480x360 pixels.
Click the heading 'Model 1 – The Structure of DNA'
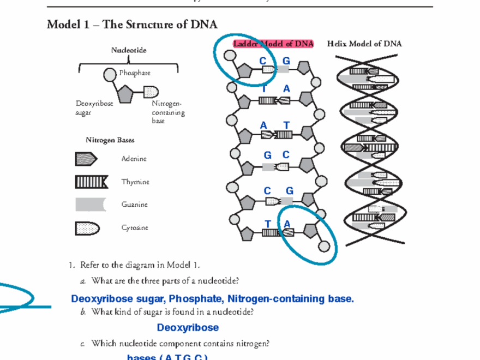pos(132,25)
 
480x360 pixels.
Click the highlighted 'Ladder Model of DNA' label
pos(273,44)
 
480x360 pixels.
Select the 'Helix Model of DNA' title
pos(364,44)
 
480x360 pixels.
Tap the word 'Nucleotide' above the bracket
pos(129,50)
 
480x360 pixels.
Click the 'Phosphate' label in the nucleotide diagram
pos(135,73)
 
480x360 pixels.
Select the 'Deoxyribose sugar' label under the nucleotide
pos(94,108)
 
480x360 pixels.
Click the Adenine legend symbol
pos(86,159)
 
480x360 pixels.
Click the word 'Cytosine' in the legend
pos(135,228)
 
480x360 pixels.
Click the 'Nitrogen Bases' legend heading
pos(110,140)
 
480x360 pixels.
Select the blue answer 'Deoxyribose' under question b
pos(188,328)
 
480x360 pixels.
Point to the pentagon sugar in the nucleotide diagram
pos(126,93)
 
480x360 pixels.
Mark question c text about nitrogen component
pos(180,344)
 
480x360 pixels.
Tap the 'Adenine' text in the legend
pos(134,159)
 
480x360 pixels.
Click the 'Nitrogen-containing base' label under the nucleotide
pos(168,112)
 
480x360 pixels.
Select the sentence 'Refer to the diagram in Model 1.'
pos(140,266)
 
